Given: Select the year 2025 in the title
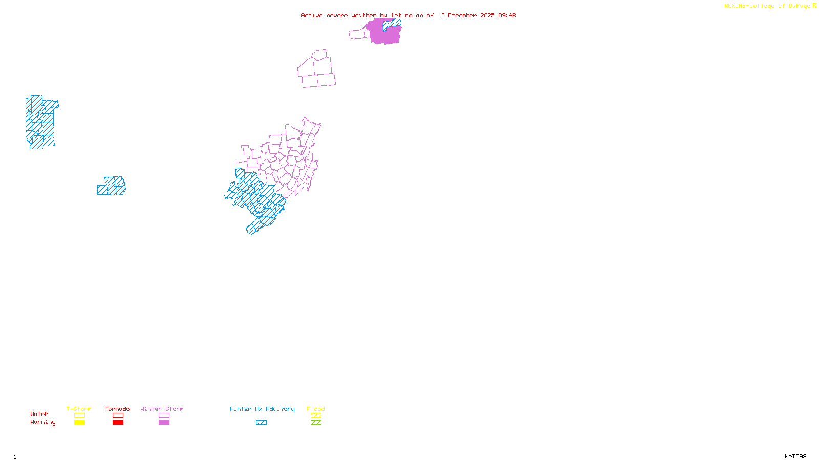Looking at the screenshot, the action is pyautogui.click(x=487, y=15).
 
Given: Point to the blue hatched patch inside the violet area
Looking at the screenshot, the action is pyautogui.click(x=392, y=24).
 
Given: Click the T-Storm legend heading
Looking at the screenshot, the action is pyautogui.click(x=79, y=409).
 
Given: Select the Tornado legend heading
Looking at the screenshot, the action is pyautogui.click(x=117, y=409).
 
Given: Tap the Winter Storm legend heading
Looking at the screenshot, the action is pyautogui.click(x=162, y=409).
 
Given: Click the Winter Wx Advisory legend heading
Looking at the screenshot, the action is pyautogui.click(x=262, y=409).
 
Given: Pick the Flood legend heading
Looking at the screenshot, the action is pyautogui.click(x=316, y=409).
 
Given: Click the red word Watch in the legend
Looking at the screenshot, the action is pyautogui.click(x=39, y=414).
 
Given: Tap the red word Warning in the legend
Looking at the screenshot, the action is pyautogui.click(x=42, y=422).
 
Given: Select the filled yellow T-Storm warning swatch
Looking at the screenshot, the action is pyautogui.click(x=79, y=423).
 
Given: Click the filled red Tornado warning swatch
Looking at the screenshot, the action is pyautogui.click(x=118, y=423).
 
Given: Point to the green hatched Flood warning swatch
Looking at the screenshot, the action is pyautogui.click(x=316, y=423).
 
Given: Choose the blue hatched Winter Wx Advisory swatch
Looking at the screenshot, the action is pyautogui.click(x=261, y=423).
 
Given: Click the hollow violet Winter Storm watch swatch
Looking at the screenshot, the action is pyautogui.click(x=164, y=416).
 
